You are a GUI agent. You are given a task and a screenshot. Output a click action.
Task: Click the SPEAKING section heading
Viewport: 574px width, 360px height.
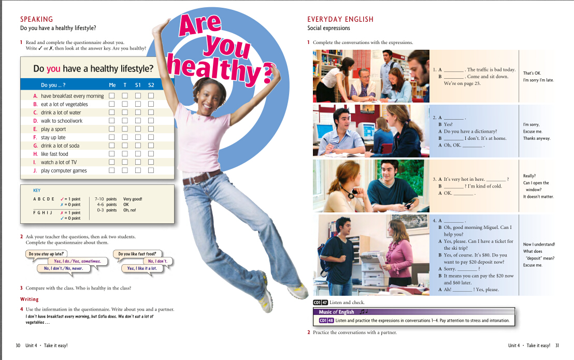pos(36,19)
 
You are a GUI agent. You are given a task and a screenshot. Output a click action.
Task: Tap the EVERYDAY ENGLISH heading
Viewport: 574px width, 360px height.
pos(340,19)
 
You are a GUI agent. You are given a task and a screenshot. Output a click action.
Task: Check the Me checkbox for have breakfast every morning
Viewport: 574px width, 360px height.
pos(111,96)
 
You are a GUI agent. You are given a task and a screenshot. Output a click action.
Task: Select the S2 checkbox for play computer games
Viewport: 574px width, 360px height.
pos(151,170)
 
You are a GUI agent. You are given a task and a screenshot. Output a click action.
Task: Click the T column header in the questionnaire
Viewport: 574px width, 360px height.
pos(125,85)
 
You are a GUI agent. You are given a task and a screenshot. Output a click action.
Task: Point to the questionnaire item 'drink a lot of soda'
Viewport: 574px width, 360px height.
pos(60,146)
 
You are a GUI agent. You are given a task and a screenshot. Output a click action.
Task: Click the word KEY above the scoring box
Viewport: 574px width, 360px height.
pos(37,190)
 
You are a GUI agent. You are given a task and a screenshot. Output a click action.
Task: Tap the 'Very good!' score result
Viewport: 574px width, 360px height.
pos(133,199)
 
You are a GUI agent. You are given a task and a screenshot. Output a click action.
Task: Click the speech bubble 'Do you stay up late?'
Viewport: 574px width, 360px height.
pos(47,254)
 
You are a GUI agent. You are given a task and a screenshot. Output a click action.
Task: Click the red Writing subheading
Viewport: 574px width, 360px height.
pos(30,299)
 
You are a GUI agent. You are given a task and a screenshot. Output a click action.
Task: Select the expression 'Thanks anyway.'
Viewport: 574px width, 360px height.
pos(537,138)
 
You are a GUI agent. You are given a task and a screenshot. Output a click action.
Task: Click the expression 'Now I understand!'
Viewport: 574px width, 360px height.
pos(539,244)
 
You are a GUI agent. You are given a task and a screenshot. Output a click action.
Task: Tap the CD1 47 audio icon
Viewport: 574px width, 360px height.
pos(321,302)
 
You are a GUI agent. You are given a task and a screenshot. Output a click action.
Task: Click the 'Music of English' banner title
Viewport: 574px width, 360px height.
pos(336,312)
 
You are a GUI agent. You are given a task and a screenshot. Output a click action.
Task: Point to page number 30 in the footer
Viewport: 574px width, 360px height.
pos(19,345)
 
